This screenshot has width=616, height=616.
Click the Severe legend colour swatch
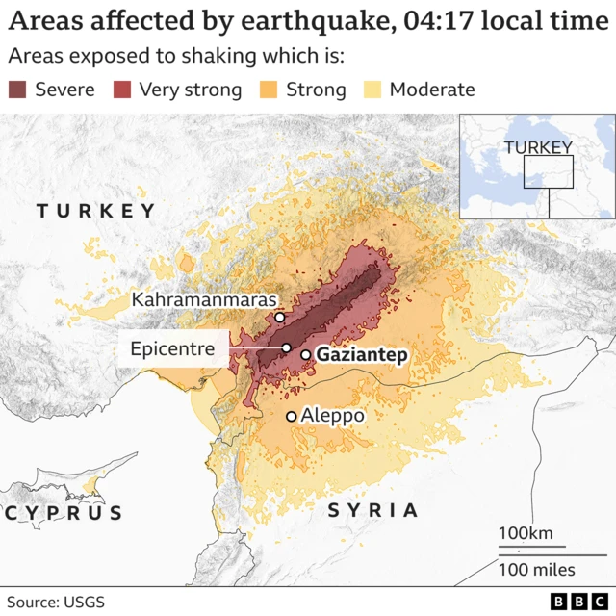[19, 90]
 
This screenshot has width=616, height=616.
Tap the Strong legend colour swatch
[270, 90]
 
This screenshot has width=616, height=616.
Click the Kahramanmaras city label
[204, 300]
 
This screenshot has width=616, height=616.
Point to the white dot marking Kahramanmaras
[279, 318]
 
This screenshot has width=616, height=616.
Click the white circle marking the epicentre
[286, 347]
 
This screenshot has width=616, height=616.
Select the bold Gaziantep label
[362, 355]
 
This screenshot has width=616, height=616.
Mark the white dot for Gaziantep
[306, 355]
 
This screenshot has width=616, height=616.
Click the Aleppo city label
[333, 416]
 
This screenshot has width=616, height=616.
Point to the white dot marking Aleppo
[291, 416]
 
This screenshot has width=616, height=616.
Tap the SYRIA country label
[373, 511]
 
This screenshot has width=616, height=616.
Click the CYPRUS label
[64, 513]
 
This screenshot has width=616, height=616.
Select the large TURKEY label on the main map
[95, 211]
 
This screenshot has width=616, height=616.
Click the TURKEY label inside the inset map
[538, 146]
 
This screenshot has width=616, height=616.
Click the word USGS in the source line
[83, 603]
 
